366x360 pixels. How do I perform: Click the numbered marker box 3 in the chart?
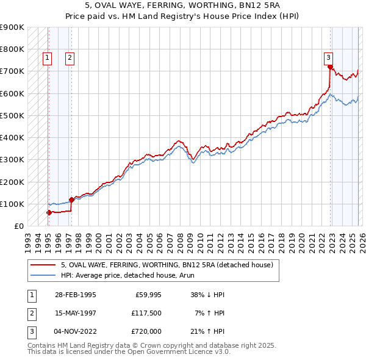[x=328, y=58]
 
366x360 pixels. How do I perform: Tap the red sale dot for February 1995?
[x=49, y=212]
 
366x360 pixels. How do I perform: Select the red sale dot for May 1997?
[x=71, y=200]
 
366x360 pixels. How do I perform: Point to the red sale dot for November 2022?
[x=330, y=67]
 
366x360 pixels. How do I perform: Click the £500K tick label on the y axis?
[x=12, y=115]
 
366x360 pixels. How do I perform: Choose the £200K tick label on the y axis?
[x=12, y=182]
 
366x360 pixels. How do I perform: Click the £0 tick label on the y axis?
[x=18, y=226]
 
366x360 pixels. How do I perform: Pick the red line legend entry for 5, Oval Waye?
[x=170, y=265]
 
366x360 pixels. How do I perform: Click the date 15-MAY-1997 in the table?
[x=74, y=313]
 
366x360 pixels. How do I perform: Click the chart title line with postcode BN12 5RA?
[x=182, y=7]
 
